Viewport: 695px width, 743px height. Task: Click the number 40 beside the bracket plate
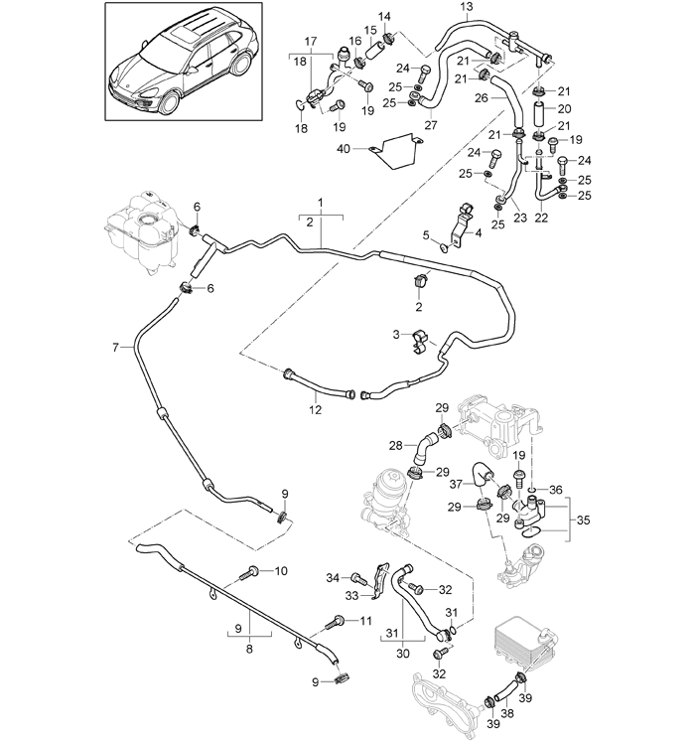click(344, 148)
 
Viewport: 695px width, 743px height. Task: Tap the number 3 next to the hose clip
click(395, 334)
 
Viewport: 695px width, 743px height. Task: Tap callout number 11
click(365, 621)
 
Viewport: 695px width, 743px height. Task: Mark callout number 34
click(333, 577)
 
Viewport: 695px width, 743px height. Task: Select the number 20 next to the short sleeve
click(563, 108)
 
